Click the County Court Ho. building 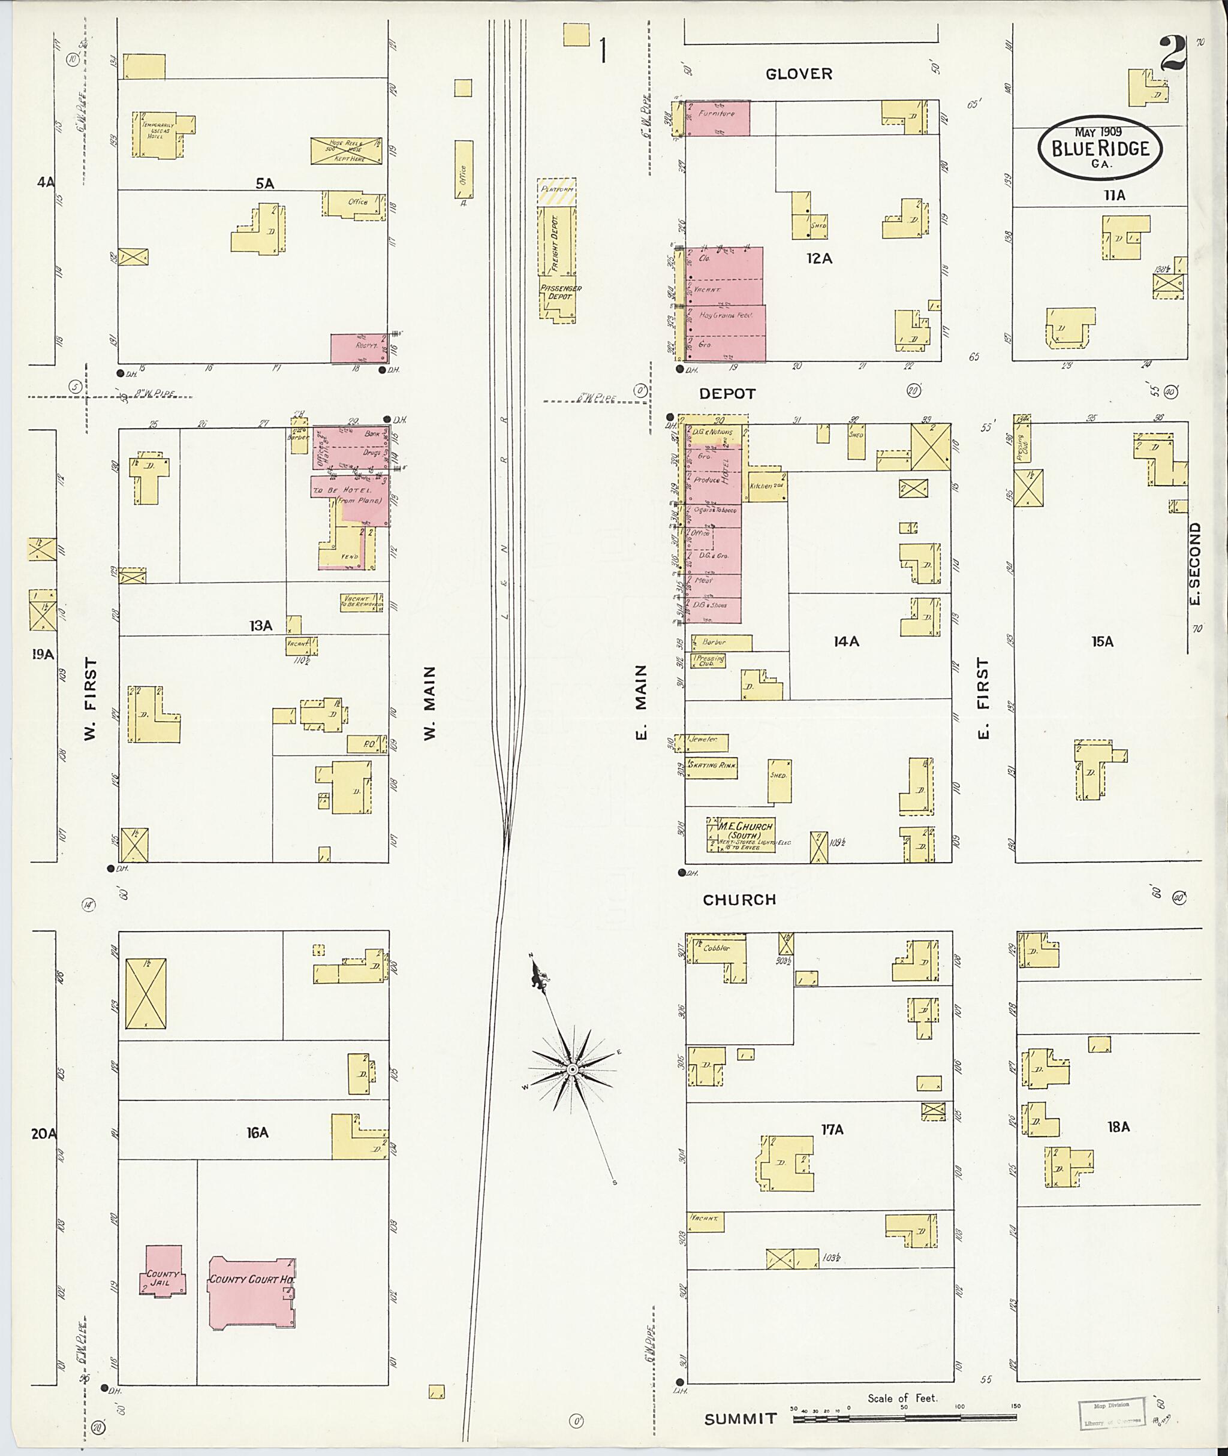[x=251, y=1293]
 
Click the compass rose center [x=571, y=1069]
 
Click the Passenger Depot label [x=559, y=293]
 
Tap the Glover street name [x=799, y=74]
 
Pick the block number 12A [x=819, y=258]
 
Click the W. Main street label [x=429, y=703]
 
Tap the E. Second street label [x=1194, y=563]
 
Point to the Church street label [x=739, y=900]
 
